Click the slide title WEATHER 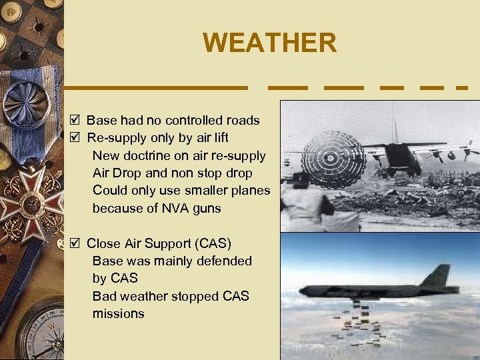[x=270, y=43]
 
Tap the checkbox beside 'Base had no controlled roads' [x=75, y=121]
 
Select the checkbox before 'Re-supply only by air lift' [x=75, y=138]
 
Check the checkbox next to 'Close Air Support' [x=75, y=243]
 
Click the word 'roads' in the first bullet [x=243, y=121]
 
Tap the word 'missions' [x=118, y=313]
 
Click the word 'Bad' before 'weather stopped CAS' [x=104, y=296]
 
